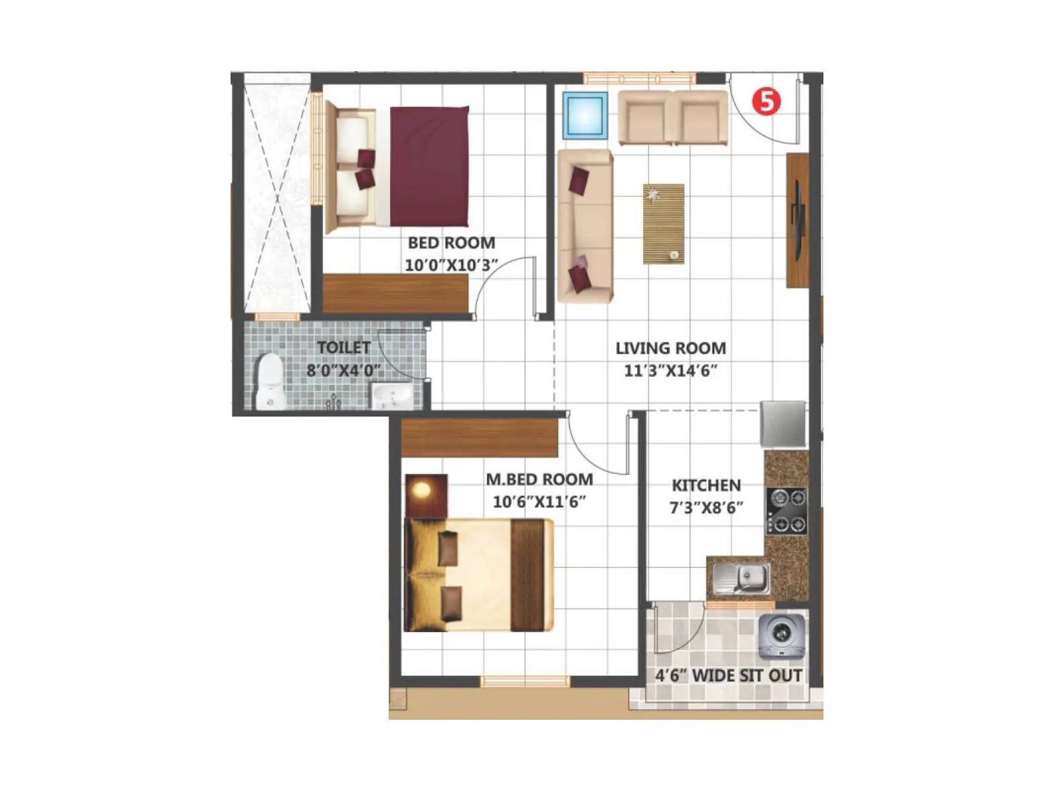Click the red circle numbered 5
click(x=766, y=102)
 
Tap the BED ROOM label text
click(x=451, y=243)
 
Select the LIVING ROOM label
click(x=671, y=348)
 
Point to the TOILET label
click(x=343, y=347)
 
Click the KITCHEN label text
click(x=706, y=485)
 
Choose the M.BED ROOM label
click(x=540, y=479)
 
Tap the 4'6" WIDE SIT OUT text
click(x=728, y=676)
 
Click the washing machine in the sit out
click(x=782, y=636)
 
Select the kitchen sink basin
click(x=750, y=578)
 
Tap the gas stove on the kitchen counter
click(x=787, y=510)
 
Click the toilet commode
click(x=269, y=381)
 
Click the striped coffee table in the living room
click(x=663, y=224)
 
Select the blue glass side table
click(x=584, y=115)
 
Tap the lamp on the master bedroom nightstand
click(x=422, y=490)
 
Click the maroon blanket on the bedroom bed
click(x=430, y=166)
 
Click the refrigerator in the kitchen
click(x=783, y=424)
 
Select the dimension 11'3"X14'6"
click(x=671, y=370)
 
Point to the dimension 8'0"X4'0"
click(x=343, y=370)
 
